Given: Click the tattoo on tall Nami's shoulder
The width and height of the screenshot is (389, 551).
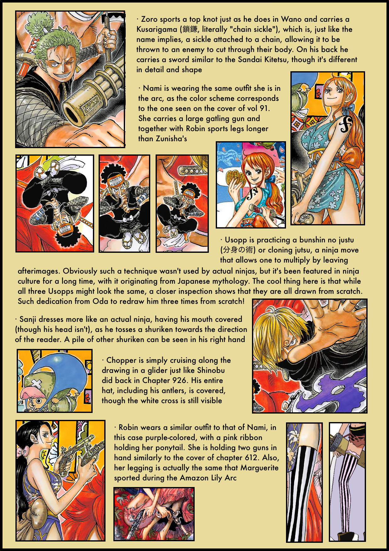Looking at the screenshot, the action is [x=346, y=125].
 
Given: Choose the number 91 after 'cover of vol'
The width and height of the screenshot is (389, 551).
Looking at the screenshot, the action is [x=265, y=108].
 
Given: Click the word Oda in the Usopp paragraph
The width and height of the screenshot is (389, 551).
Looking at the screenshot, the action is [x=100, y=301].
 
